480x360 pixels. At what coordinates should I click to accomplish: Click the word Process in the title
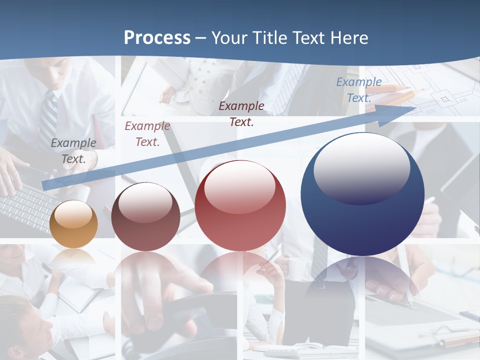[157, 37]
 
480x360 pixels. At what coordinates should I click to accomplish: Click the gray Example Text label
[73, 150]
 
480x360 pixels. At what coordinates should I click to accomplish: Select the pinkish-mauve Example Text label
[147, 133]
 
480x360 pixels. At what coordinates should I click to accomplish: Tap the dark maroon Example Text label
[241, 113]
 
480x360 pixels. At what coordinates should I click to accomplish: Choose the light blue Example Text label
[359, 90]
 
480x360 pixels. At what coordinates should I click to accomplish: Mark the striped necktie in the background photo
[49, 120]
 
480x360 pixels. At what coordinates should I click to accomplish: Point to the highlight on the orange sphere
[73, 214]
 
